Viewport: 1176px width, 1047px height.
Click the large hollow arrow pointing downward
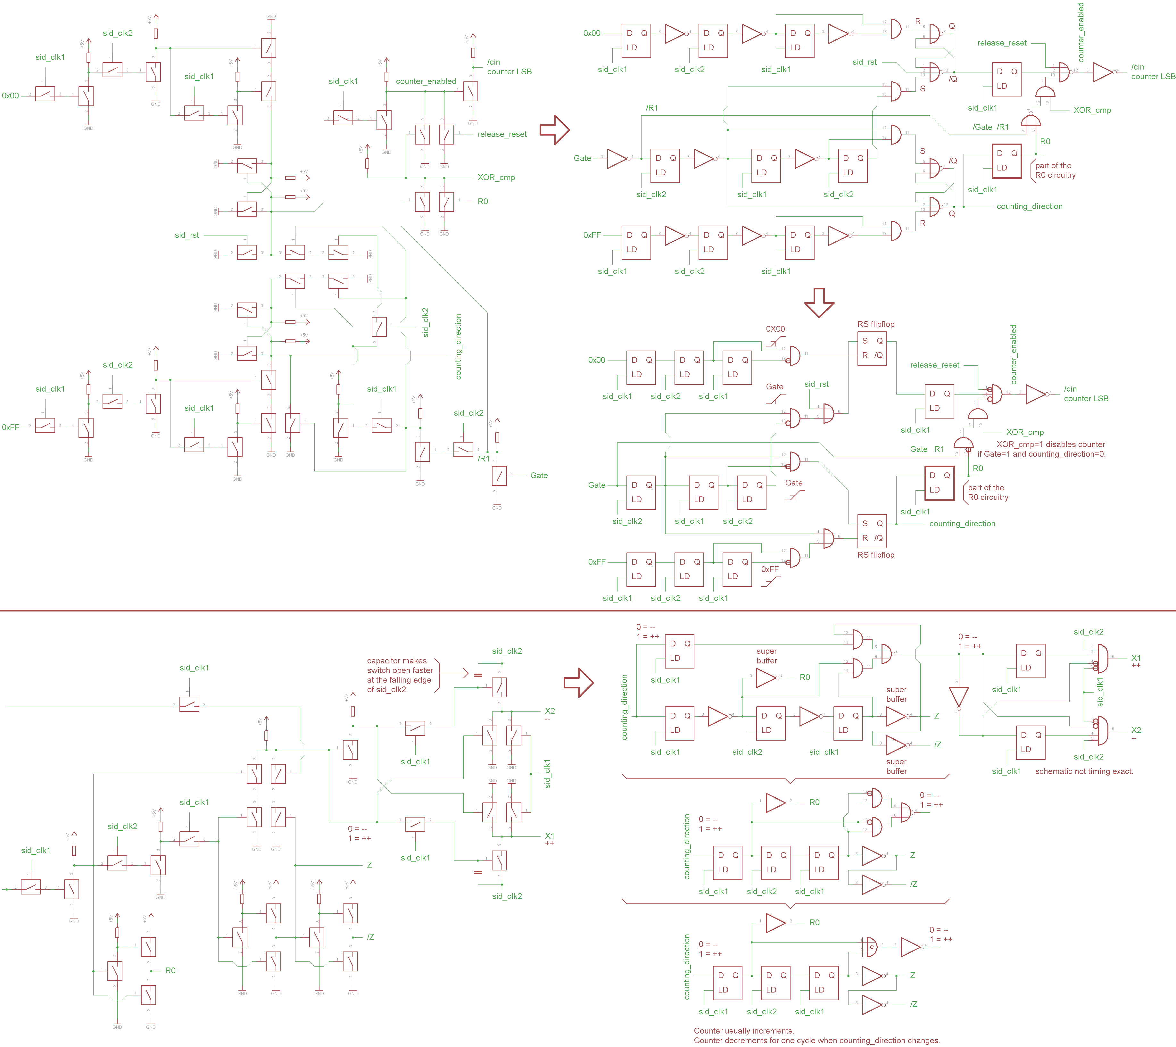point(819,302)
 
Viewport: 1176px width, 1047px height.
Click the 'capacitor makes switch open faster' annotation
point(400,675)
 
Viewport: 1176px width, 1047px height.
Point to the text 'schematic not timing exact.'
point(1084,771)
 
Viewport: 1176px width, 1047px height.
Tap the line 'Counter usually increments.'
point(743,1031)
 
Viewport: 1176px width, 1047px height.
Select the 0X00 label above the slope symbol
point(775,329)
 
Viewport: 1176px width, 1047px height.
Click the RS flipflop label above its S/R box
point(876,324)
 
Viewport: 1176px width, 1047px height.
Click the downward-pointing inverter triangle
point(958,698)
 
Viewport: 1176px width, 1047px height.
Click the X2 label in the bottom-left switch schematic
point(550,711)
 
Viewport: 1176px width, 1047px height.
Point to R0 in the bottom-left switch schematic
point(170,970)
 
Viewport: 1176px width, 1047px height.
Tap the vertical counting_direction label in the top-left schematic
point(459,346)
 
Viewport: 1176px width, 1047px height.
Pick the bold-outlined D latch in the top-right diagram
point(1007,161)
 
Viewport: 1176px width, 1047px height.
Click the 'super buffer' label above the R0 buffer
point(766,656)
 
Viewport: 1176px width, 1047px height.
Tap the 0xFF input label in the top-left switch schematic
point(10,428)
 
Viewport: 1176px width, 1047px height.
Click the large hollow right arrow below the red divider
point(578,683)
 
